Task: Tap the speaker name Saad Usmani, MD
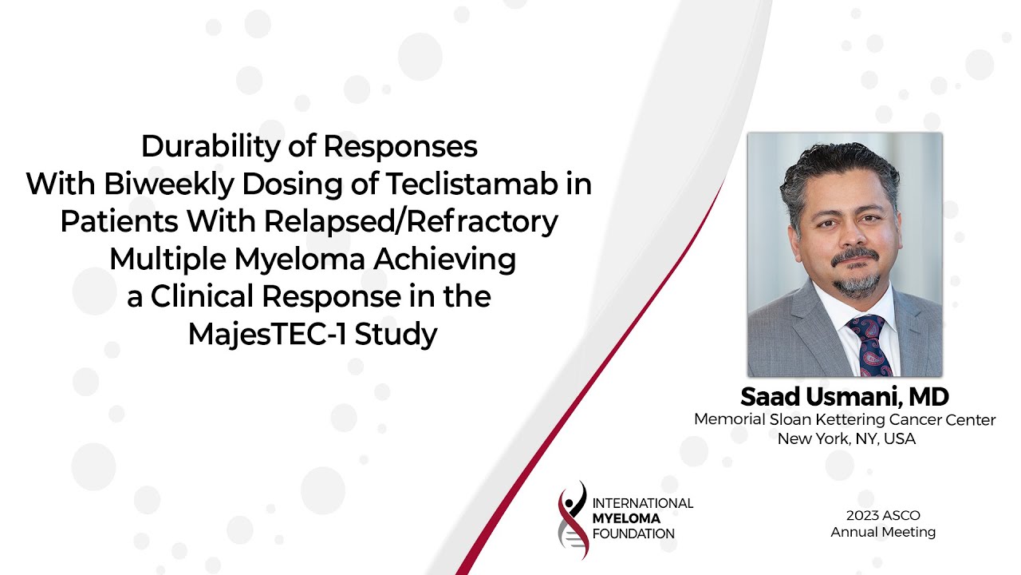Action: click(x=845, y=397)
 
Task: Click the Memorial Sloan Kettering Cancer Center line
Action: click(x=845, y=420)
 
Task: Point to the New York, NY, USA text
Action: click(x=846, y=438)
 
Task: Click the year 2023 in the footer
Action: click(x=863, y=516)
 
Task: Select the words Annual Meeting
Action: click(x=883, y=532)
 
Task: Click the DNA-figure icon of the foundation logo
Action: click(x=573, y=519)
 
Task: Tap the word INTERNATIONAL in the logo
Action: click(x=642, y=503)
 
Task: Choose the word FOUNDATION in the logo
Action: click(x=633, y=533)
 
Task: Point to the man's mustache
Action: click(x=854, y=258)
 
